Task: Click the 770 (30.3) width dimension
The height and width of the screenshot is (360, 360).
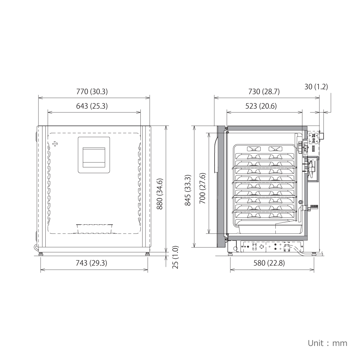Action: point(92,91)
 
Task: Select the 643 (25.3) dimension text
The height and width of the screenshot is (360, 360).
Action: point(92,106)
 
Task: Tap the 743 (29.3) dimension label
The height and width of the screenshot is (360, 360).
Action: point(91,263)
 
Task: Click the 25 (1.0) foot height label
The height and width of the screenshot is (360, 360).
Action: point(175,257)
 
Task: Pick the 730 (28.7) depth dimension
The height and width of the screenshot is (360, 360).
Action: point(264,91)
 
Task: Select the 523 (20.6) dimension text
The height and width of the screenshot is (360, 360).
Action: point(261,106)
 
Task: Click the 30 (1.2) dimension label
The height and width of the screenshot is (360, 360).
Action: point(316,87)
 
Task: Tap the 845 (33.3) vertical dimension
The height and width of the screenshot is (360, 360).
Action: point(188,190)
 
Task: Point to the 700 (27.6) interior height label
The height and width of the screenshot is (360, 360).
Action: point(202,189)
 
